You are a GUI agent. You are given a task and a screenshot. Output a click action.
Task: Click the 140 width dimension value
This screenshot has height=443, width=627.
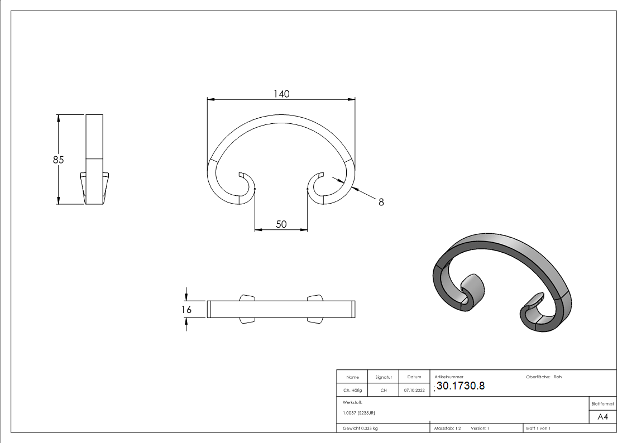(281, 94)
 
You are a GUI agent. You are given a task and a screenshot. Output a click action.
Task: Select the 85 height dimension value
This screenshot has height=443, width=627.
(59, 160)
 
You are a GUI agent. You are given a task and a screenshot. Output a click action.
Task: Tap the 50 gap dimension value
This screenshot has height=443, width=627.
(281, 224)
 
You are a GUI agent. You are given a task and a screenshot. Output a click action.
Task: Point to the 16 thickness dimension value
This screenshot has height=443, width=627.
(186, 309)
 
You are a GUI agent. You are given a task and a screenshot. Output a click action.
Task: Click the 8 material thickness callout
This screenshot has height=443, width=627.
(381, 203)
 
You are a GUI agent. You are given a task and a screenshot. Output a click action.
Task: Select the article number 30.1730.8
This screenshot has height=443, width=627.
(461, 387)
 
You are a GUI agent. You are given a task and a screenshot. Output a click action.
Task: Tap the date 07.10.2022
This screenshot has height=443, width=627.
(414, 391)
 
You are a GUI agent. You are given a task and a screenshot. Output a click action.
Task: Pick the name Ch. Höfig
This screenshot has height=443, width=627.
(352, 391)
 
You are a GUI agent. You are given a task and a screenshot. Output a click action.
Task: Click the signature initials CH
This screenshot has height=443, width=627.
(384, 391)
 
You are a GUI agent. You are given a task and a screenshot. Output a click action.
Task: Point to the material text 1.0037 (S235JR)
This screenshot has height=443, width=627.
(359, 412)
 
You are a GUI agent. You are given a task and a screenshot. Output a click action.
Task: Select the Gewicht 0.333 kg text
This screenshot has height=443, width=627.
(360, 428)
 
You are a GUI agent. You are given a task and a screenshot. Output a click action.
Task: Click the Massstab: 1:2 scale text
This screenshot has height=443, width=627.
(448, 428)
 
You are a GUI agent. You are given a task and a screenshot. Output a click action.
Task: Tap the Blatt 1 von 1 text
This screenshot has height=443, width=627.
(538, 428)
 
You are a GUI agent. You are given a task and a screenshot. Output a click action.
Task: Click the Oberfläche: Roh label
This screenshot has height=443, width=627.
(544, 377)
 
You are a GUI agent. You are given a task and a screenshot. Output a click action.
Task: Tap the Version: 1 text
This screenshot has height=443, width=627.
(480, 428)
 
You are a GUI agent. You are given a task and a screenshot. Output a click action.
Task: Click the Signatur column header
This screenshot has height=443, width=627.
(384, 377)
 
